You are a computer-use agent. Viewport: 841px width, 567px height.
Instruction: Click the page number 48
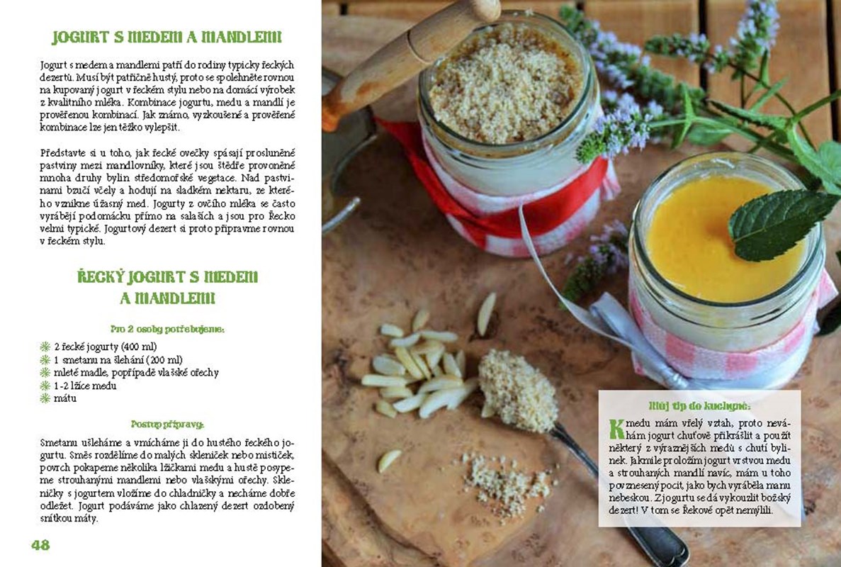40,545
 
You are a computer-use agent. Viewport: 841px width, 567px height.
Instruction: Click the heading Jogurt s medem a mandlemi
166,37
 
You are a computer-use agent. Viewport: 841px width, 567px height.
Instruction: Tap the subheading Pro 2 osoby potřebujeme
167,329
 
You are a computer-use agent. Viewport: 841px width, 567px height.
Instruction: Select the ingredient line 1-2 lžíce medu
85,385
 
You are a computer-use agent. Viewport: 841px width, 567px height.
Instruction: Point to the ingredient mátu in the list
65,398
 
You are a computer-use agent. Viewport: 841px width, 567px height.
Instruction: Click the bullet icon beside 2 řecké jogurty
45,347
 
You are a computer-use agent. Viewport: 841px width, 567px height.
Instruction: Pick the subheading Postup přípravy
167,425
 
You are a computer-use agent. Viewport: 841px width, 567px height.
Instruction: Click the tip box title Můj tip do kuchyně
699,405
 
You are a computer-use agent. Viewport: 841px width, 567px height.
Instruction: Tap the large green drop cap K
617,429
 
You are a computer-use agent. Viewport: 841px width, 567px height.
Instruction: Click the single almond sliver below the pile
389,460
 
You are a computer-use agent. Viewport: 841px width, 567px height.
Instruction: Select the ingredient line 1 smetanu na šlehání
118,359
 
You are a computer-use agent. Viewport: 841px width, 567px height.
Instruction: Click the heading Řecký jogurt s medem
167,277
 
